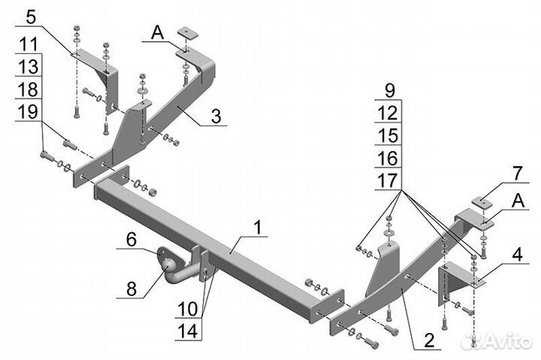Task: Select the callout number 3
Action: coord(216,116)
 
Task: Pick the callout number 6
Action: coord(131,240)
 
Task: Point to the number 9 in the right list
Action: coord(389,89)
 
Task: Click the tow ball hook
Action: coord(172,267)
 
